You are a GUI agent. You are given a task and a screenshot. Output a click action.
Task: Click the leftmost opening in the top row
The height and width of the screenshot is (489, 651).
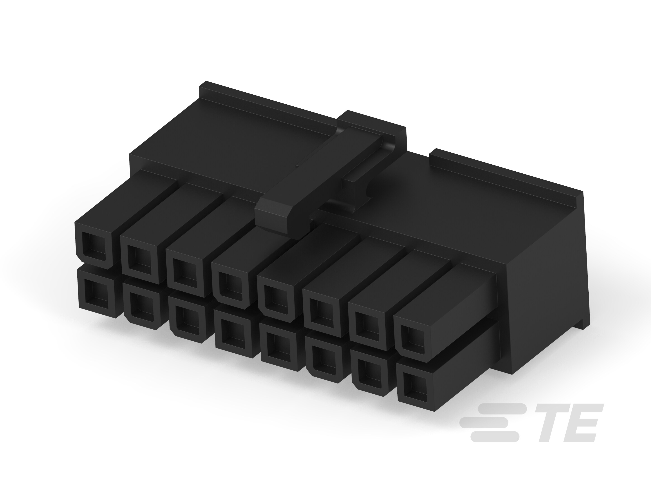(x=94, y=243)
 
